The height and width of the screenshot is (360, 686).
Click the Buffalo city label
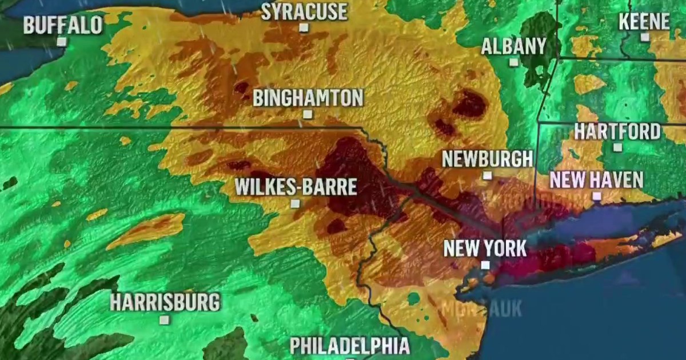[63, 25]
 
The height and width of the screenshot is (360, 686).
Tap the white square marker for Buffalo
[62, 41]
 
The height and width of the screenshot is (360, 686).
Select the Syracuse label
[304, 11]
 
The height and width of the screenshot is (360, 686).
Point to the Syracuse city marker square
[304, 27]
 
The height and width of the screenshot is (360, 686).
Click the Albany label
[513, 46]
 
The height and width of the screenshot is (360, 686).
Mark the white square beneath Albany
[514, 62]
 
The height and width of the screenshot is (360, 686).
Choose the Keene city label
[644, 22]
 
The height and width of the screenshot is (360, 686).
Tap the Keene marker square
[645, 37]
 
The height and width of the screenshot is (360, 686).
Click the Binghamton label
[308, 98]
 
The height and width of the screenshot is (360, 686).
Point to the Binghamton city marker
[308, 114]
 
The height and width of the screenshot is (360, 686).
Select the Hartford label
[617, 131]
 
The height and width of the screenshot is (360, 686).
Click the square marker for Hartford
[617, 147]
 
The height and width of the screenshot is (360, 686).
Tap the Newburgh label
[488, 159]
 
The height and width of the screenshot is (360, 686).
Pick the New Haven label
[596, 181]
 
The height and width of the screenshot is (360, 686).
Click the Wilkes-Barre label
[296, 187]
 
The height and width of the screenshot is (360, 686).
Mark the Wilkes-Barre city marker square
[296, 203]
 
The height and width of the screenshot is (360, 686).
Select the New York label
[485, 249]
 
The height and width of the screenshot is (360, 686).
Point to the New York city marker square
[485, 265]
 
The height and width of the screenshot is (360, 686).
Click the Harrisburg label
[165, 302]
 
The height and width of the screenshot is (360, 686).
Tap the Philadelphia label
[349, 346]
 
